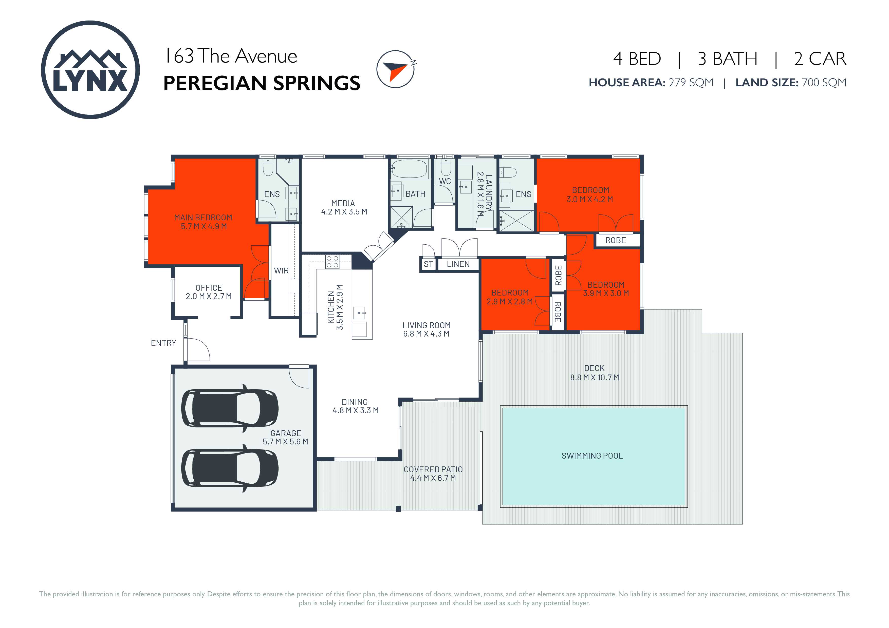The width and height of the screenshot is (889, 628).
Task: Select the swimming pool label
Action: [592, 456]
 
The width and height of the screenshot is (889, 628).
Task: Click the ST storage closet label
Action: [428, 264]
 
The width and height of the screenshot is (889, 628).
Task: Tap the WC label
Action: [445, 182]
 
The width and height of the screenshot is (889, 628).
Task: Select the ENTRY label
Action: [163, 343]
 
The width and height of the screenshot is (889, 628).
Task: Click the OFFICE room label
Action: [209, 288]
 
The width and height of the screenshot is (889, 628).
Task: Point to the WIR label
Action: [282, 271]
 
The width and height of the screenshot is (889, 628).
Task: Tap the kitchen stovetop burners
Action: [332, 262]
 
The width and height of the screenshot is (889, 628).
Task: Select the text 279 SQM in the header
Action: [691, 82]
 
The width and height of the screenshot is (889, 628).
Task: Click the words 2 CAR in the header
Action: [820, 59]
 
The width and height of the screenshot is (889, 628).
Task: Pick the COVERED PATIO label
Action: [433, 469]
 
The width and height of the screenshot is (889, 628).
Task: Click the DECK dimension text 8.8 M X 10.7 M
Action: [595, 378]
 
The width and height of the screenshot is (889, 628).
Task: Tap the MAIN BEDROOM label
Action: [203, 218]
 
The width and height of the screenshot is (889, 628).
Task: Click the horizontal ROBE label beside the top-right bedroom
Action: [616, 240]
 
